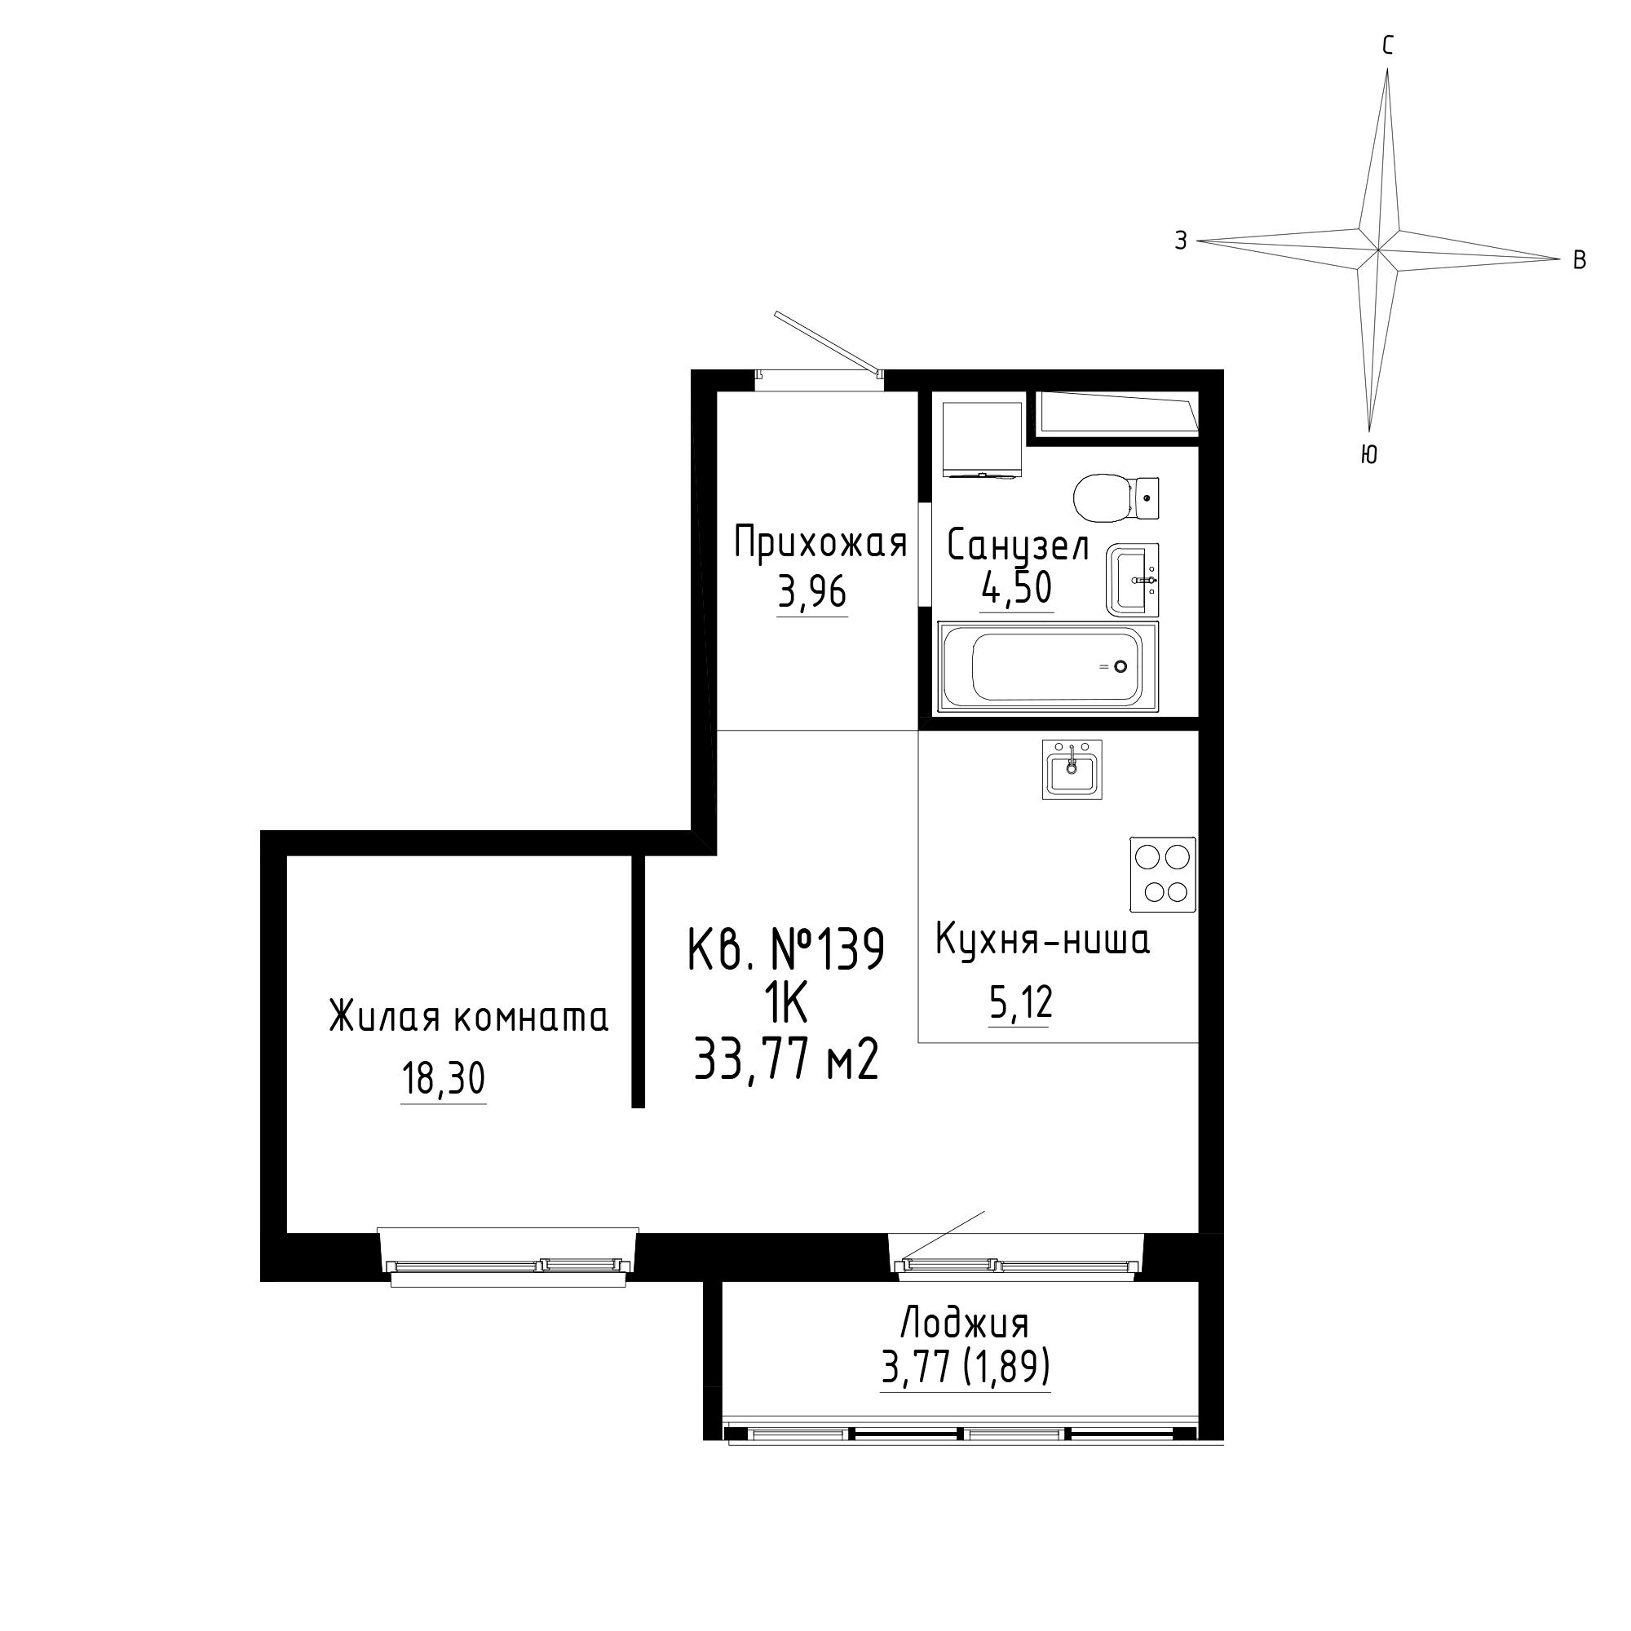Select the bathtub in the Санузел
pos(1048,667)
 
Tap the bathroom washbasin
pos(1132,580)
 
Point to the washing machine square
pos(981,439)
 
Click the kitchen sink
pos(1072,769)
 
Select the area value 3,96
pos(811,594)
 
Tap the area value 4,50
pos(1016,589)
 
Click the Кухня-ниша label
pos(1042,939)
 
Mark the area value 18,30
pos(443,1080)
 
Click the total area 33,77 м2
pos(787,1060)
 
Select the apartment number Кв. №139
pos(787,950)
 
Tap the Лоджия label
pos(965,1323)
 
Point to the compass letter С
pos(1387,46)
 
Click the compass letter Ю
pos(1369,455)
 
